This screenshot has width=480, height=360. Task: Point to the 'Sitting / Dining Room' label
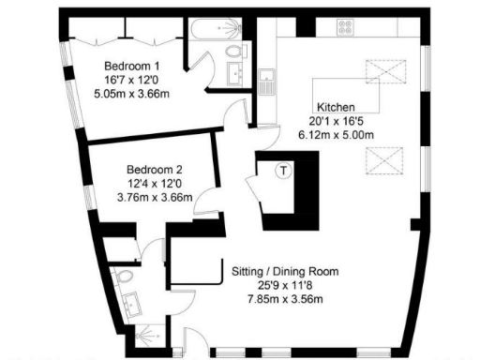coord(285,273)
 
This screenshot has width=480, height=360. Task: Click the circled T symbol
coord(283,171)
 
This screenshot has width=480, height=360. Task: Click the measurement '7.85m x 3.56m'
coord(284,300)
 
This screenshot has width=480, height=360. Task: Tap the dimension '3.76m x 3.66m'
coord(155,198)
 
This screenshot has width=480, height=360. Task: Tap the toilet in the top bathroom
coord(232,29)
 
